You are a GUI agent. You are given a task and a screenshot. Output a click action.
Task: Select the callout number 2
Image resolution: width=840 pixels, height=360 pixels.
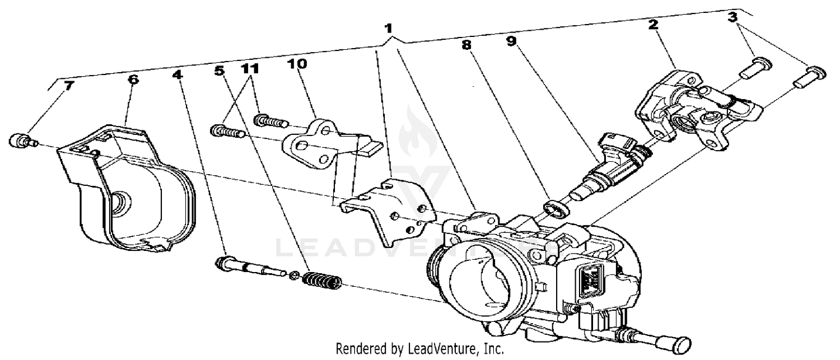(x=654, y=24)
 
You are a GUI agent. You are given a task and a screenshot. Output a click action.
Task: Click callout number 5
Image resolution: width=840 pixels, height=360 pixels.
(x=219, y=71)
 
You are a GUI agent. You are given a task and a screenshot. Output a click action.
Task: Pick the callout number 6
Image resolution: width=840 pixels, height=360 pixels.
(x=133, y=79)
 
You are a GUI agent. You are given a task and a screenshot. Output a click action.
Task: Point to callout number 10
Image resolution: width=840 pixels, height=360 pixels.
(x=297, y=64)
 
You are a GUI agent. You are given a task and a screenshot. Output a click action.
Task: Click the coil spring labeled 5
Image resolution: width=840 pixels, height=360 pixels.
(x=321, y=280)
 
